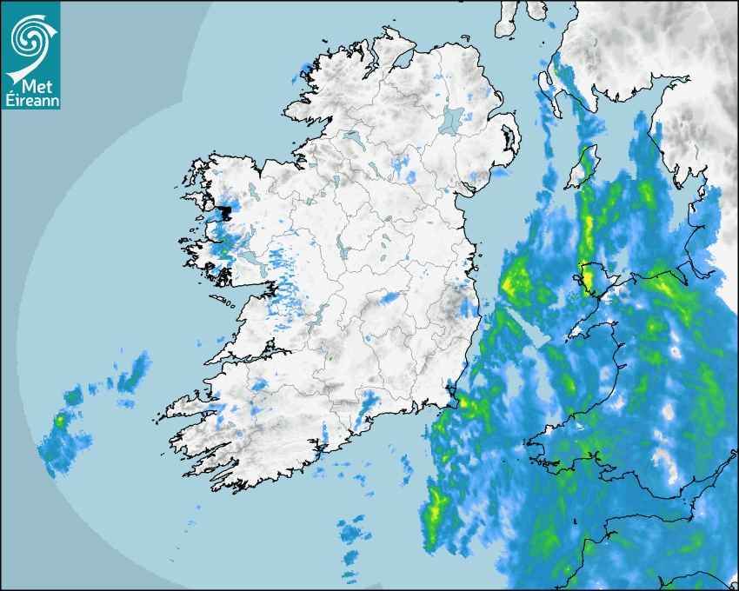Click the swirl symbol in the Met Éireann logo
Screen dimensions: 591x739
coord(28,37)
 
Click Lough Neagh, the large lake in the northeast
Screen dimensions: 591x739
coord(452,119)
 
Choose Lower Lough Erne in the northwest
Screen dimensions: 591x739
coord(351,137)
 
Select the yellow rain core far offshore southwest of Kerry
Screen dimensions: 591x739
coord(59,421)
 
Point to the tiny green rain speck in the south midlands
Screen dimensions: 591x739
coord(330,356)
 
